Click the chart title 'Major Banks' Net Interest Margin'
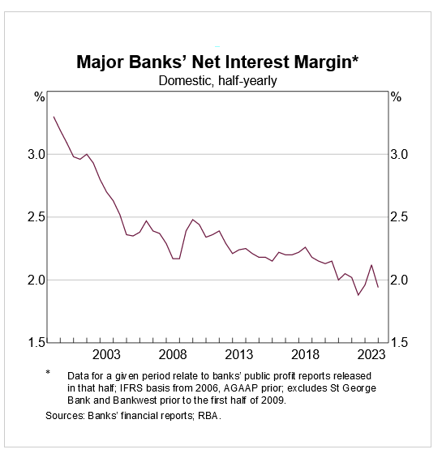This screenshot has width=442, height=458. click(217, 62)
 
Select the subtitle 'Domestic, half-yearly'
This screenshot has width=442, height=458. click(217, 81)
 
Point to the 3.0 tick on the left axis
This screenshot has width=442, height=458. click(36, 154)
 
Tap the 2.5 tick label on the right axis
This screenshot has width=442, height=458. click(399, 217)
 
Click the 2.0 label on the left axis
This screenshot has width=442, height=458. click(36, 280)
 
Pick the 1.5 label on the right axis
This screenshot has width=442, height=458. click(399, 342)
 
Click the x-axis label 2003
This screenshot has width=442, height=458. click(106, 355)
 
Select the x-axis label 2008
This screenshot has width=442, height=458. click(173, 355)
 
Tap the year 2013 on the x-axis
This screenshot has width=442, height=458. click(238, 355)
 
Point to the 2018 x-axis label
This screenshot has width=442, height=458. click(305, 355)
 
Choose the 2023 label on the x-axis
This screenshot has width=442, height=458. click(371, 355)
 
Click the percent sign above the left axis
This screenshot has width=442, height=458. click(40, 97)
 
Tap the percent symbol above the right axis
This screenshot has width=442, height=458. click(396, 97)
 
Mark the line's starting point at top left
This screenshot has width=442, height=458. click(54, 117)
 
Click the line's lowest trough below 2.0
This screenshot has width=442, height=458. click(358, 295)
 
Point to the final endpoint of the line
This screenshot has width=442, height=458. click(378, 287)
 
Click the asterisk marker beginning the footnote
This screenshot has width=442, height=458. click(48, 372)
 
